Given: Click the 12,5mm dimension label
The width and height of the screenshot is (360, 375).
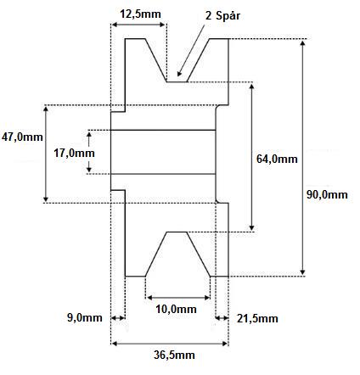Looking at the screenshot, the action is coord(140,14).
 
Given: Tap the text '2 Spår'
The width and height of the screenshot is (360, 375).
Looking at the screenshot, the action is coord(222,15).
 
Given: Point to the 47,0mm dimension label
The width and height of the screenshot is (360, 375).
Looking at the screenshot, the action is coord(22,137).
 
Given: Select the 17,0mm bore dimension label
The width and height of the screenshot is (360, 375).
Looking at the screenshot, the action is coord(74,153).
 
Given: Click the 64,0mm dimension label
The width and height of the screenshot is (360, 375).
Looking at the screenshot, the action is coord(277,159).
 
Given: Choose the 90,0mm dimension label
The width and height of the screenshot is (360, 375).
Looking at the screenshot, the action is coord(327,194).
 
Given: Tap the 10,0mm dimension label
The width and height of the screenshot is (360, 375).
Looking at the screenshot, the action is coord(176,309).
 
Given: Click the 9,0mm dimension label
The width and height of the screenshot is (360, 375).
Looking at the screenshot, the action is coord(85,317).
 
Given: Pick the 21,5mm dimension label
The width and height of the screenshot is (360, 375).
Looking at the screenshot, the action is coord(257,319).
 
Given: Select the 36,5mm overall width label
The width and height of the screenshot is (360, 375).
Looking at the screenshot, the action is coord(174,355).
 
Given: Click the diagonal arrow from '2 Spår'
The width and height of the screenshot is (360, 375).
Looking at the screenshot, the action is coord(191,50).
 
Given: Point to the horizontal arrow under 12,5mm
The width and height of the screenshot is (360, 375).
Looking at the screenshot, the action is coord(138,25).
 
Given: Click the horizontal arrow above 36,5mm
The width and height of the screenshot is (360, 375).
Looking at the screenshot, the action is coord(170,344).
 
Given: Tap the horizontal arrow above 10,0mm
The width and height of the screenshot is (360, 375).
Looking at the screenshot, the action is coord(178,298).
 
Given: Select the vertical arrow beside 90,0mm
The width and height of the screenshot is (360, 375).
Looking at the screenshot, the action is coord(302,158).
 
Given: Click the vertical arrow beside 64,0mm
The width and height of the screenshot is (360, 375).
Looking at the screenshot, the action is coord(251,157).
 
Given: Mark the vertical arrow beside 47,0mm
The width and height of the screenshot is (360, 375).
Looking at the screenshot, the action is coord(46,154).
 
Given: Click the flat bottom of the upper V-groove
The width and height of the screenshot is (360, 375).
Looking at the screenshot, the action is coord(177,82).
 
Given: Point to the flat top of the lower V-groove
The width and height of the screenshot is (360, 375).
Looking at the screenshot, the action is coord(177,232).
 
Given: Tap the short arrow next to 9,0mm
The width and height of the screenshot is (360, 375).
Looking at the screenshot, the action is coord(118,318).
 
